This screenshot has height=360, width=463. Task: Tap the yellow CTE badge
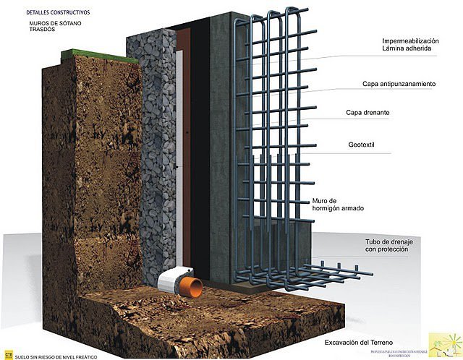click(9, 354)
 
